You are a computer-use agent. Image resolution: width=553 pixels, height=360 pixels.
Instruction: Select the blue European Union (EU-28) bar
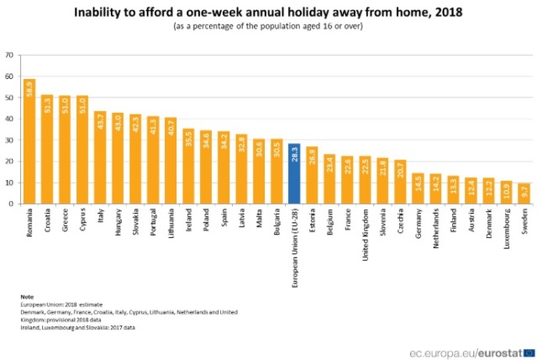tap(294, 173)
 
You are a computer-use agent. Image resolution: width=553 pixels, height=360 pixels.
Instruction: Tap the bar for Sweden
tap(524, 193)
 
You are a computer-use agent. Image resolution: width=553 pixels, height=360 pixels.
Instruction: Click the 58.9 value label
tap(29, 88)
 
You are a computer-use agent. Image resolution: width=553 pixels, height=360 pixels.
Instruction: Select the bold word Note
tap(28, 296)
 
